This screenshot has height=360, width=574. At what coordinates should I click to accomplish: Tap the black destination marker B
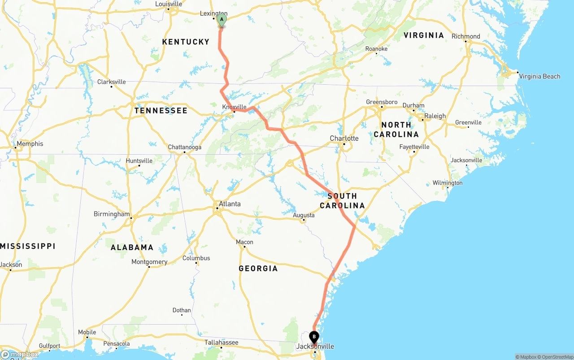[x=314, y=336]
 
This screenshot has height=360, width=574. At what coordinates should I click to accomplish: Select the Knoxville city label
[x=235, y=107]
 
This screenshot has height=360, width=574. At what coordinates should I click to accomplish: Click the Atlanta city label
[x=229, y=204]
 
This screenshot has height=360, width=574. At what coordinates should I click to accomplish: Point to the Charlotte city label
[x=344, y=138]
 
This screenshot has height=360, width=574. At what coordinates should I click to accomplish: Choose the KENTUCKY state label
[x=186, y=42]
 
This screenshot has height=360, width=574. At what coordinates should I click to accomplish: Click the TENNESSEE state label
[x=161, y=110]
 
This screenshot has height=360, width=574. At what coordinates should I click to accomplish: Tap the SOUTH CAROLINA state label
[x=342, y=201]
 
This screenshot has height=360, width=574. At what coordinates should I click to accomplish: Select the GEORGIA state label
[x=258, y=269]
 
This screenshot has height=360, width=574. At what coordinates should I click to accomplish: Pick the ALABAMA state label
[x=132, y=247]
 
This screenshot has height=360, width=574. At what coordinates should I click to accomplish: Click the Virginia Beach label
[x=539, y=76]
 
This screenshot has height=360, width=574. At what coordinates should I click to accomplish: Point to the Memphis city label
[x=30, y=144]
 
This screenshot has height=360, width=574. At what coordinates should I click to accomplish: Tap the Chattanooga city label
[x=184, y=147]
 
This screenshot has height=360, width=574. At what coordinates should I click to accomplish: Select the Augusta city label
[x=304, y=215]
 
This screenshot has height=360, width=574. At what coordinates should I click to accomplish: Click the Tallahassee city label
[x=222, y=342]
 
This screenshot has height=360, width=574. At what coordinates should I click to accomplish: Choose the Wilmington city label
[x=447, y=183]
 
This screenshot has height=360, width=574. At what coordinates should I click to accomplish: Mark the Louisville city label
[x=169, y=4]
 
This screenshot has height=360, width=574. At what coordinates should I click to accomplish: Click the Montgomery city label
[x=149, y=262]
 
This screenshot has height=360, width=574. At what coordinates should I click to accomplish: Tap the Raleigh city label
[x=435, y=116]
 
